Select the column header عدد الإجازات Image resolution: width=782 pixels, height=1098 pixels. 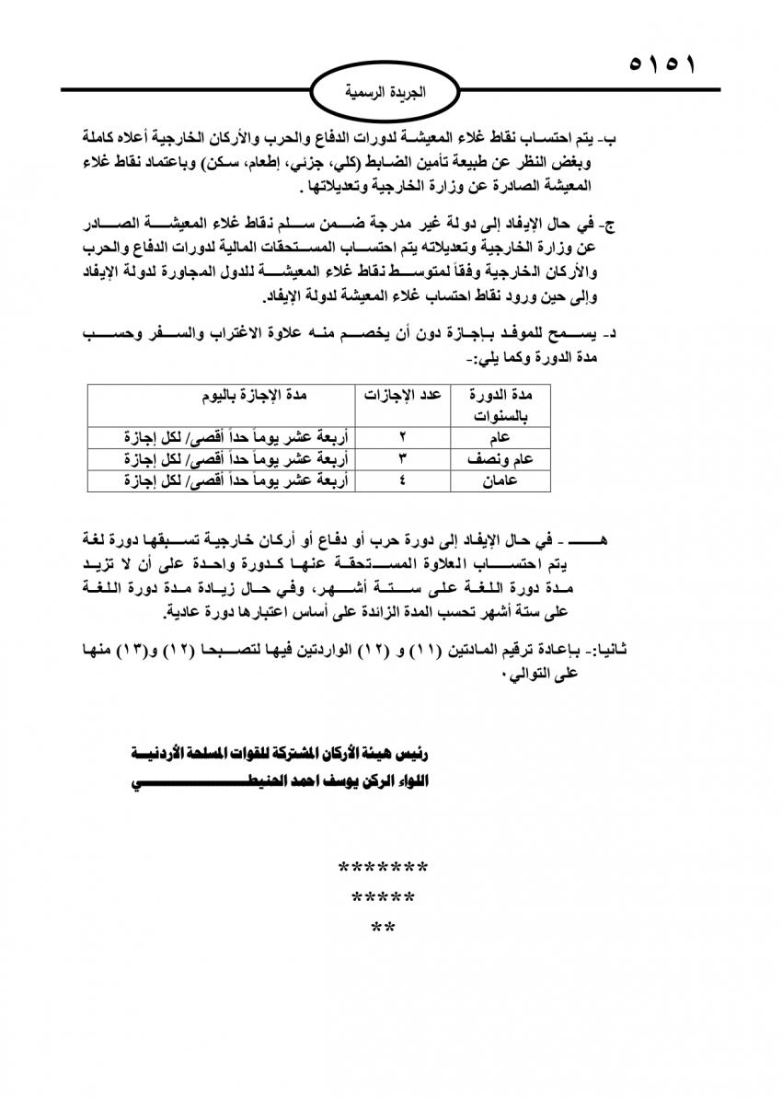pyautogui.click(x=400, y=395)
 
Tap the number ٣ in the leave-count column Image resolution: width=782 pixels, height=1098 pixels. pyautogui.click(x=401, y=457)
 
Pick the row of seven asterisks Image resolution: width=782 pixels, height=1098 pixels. pyautogui.click(x=383, y=868)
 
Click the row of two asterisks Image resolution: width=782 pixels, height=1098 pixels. pyautogui.click(x=383, y=927)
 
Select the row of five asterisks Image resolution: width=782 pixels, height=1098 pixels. pyautogui.click(x=383, y=897)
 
